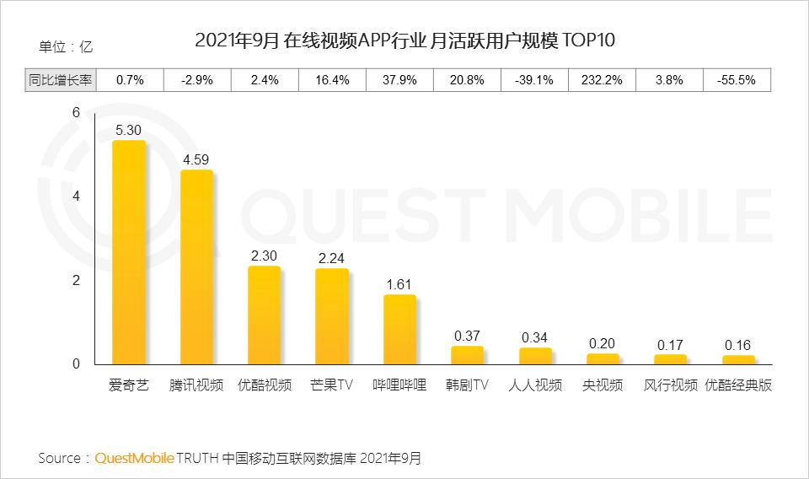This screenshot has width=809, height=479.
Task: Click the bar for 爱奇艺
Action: (129, 252)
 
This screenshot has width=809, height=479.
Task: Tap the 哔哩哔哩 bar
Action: (399, 330)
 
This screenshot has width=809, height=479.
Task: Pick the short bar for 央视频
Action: (603, 359)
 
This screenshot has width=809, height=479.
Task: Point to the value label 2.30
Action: (265, 255)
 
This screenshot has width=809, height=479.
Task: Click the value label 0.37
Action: (467, 336)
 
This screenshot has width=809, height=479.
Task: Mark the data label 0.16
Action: (737, 345)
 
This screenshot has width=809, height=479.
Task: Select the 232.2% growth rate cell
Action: (603, 80)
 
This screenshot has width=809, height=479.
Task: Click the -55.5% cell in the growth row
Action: (737, 80)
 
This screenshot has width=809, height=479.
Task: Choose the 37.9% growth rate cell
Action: (399, 80)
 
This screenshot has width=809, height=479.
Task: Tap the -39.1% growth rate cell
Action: (534, 80)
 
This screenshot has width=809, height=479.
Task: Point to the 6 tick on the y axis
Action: (76, 113)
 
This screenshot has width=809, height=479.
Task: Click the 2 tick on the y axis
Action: (76, 281)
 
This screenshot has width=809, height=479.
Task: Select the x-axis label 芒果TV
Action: (331, 385)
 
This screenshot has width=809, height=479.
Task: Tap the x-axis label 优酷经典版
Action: (738, 385)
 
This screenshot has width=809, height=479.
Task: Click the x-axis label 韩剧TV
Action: (467, 385)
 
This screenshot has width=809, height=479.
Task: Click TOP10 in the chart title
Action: (590, 40)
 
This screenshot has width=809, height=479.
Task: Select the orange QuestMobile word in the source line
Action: (135, 458)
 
